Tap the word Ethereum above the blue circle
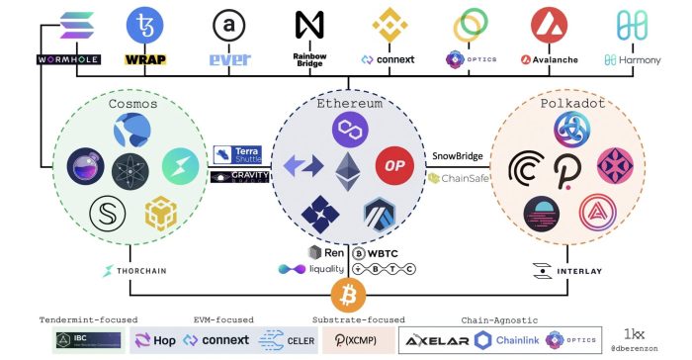pyautogui.click(x=346, y=103)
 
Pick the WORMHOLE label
pyautogui.click(x=68, y=59)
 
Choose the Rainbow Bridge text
pyautogui.click(x=309, y=60)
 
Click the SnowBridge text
pyautogui.click(x=456, y=156)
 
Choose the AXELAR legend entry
pyautogui.click(x=434, y=339)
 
